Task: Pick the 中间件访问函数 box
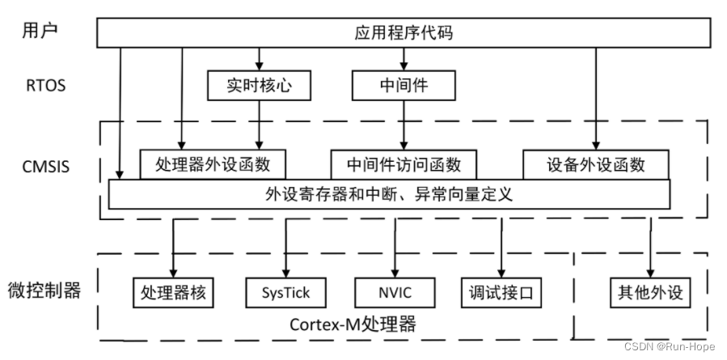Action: click(404, 164)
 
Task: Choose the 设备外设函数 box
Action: click(596, 164)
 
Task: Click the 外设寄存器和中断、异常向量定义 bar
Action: click(389, 194)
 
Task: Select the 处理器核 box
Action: click(173, 291)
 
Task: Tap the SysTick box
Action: click(285, 291)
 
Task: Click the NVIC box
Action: click(395, 291)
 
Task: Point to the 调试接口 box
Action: click(501, 291)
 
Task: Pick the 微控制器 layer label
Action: click(44, 290)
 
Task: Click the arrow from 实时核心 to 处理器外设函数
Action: click(259, 125)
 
